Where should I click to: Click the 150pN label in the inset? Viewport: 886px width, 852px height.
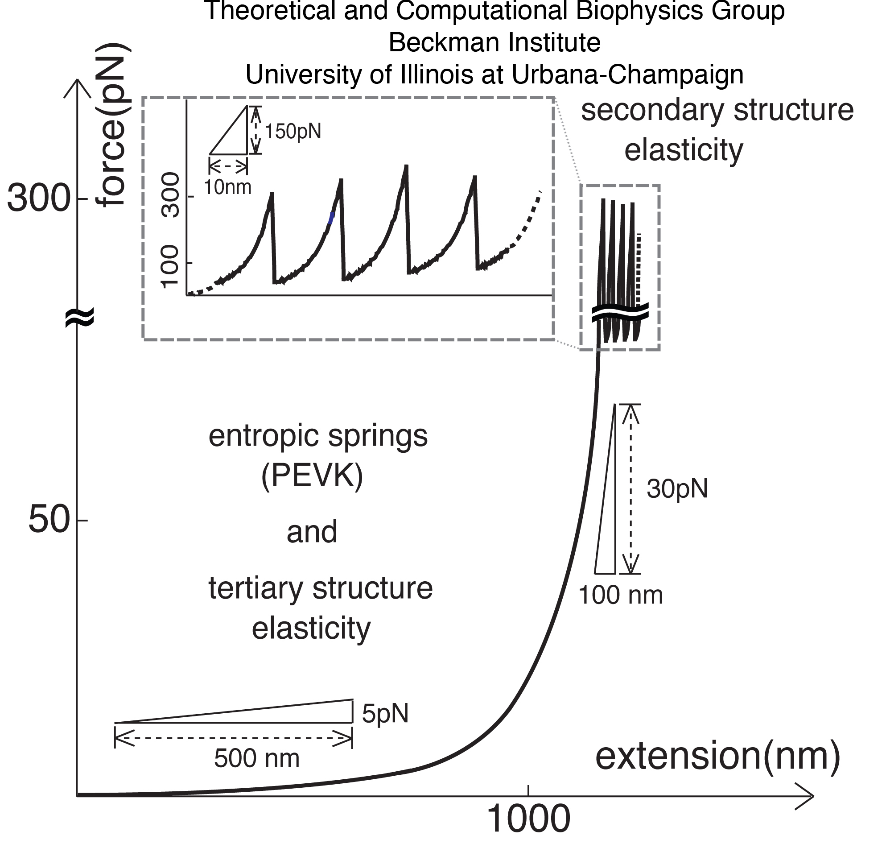(x=293, y=132)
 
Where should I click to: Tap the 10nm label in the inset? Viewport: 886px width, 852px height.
(x=227, y=187)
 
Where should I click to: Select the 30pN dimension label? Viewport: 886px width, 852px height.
(x=677, y=489)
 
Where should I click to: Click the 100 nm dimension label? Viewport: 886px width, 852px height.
(x=620, y=595)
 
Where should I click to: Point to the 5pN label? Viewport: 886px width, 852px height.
(x=385, y=714)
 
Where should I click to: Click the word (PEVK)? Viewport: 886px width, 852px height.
(x=312, y=476)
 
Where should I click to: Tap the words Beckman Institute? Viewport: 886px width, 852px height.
(x=494, y=43)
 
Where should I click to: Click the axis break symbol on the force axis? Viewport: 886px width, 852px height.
(x=79, y=318)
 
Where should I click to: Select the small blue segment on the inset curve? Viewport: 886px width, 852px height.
(x=332, y=218)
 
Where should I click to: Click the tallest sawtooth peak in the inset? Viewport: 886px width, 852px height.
(x=406, y=167)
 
